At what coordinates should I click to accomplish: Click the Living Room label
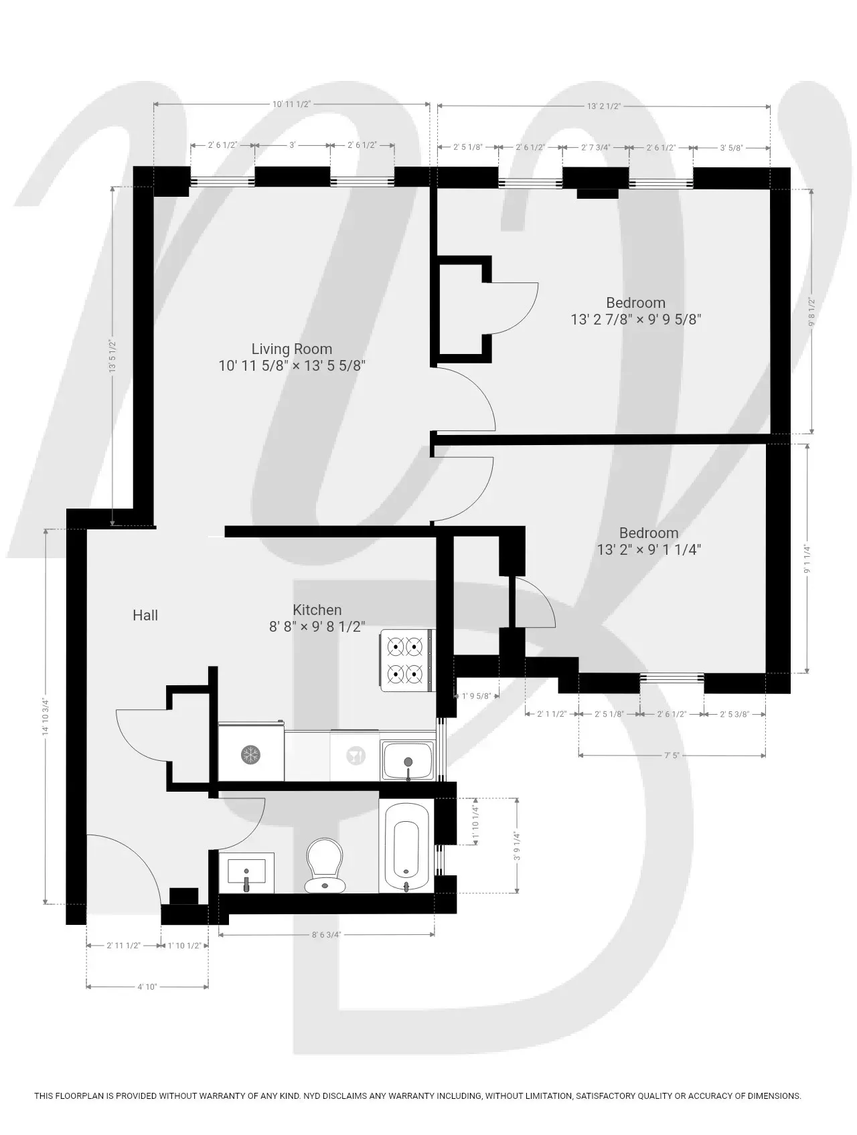point(292,349)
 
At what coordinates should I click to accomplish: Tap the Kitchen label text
point(317,610)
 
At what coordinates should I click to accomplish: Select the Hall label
point(145,615)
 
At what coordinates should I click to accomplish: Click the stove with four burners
point(406,659)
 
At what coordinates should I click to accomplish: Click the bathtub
point(406,845)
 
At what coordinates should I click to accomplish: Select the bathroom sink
point(246,873)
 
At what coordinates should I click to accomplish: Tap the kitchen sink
point(408,760)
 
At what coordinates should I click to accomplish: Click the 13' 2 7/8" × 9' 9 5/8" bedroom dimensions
point(635,319)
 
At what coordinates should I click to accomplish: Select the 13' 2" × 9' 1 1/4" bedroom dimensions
point(649,549)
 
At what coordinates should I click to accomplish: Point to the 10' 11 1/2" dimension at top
point(292,104)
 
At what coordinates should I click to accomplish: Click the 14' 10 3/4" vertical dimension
point(46,716)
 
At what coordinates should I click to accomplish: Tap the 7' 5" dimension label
point(672,755)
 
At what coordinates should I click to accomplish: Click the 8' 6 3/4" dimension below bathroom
point(326,935)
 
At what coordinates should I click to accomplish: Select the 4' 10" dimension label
point(147,986)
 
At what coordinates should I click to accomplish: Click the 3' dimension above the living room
point(292,145)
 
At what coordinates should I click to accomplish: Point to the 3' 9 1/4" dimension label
point(517,846)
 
